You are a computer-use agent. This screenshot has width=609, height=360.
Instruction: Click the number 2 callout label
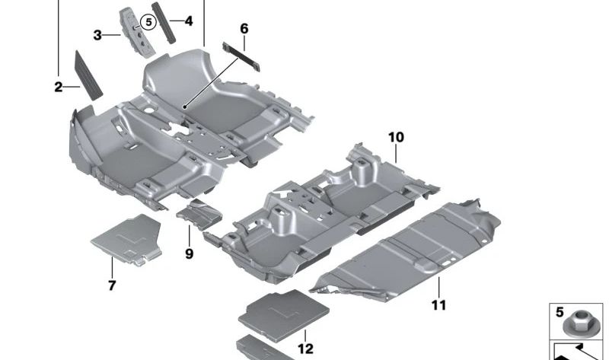[x=58, y=88]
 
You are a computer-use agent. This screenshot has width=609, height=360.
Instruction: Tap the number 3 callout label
[x=97, y=35]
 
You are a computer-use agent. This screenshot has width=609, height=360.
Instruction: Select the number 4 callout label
[x=188, y=21]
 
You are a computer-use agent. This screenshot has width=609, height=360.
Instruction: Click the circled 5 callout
[x=148, y=23]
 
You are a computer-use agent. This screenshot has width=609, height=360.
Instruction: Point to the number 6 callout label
[x=244, y=29]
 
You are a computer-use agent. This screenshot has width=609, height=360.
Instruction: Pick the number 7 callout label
[x=111, y=286]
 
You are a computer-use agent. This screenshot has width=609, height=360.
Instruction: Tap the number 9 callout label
[x=189, y=253]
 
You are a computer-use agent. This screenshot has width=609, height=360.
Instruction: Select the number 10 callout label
[x=396, y=138]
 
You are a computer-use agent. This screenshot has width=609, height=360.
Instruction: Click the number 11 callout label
[x=438, y=305]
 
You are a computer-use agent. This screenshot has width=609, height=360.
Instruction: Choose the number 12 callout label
[x=305, y=349]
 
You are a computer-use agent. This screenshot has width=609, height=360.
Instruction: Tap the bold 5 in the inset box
[x=560, y=312]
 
